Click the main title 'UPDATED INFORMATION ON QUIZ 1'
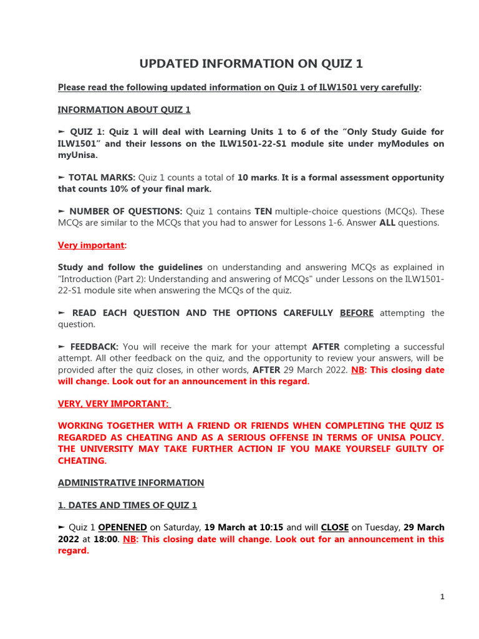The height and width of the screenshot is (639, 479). (250, 64)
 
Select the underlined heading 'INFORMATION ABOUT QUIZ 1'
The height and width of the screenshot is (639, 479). (124, 110)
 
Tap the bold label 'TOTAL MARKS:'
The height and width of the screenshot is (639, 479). (102, 178)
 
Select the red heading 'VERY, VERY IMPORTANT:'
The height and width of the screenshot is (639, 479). (114, 404)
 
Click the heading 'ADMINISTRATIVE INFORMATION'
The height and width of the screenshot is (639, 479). (131, 483)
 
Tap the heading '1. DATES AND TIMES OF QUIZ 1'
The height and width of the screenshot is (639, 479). (127, 505)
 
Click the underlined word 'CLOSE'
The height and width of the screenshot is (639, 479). (335, 528)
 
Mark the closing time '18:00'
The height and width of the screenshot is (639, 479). (106, 539)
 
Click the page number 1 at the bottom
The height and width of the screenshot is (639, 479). (442, 597)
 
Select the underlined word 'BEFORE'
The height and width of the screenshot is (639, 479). (357, 313)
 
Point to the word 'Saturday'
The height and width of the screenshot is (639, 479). (181, 528)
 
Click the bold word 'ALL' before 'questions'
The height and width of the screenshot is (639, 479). (387, 223)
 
